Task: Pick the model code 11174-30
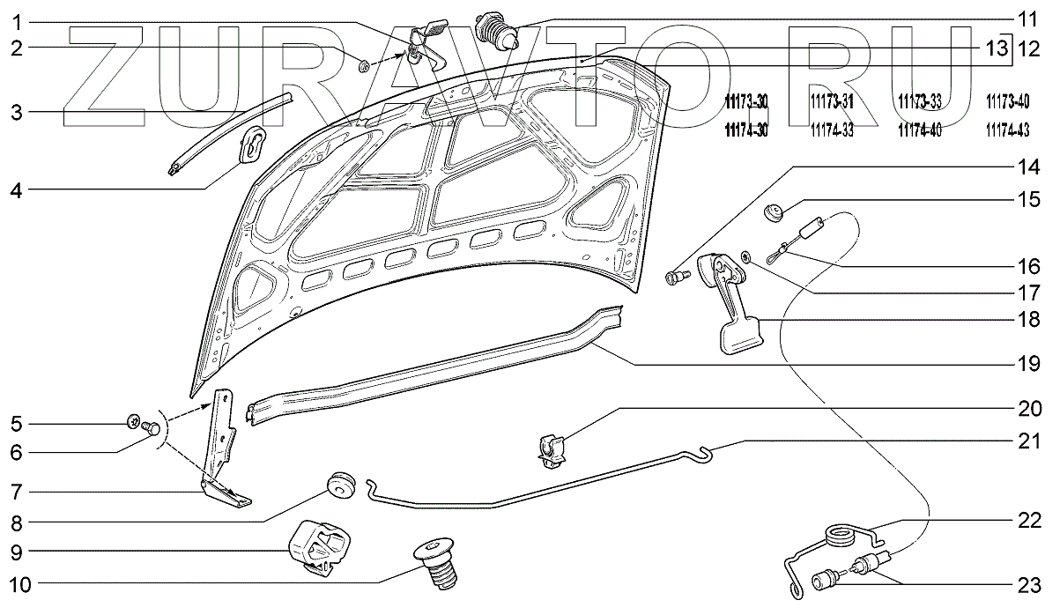745,130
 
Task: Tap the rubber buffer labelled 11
495,32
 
